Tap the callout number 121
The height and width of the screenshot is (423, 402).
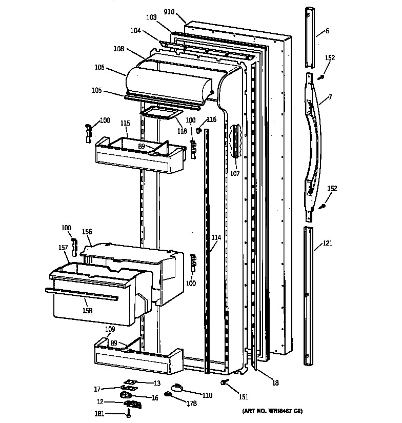pos(327,243)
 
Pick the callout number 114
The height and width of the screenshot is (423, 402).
pos(216,237)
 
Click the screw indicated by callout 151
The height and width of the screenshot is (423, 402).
pos(224,382)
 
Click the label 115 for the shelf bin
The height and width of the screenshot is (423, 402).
pos(125,124)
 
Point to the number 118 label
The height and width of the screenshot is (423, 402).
pos(182,131)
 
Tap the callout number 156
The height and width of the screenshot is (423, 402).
pos(87,231)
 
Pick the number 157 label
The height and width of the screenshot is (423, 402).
pos(63,248)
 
